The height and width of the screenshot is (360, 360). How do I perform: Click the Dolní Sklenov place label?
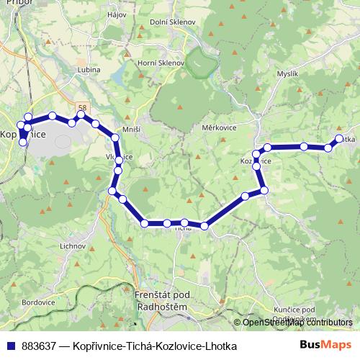pyautogui.click(x=173, y=22)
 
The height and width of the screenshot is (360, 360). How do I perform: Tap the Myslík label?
pyautogui.click(x=287, y=73)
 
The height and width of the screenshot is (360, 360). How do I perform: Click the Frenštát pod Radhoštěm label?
pyautogui.click(x=161, y=302)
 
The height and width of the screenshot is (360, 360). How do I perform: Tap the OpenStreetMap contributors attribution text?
pyautogui.click(x=297, y=323)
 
